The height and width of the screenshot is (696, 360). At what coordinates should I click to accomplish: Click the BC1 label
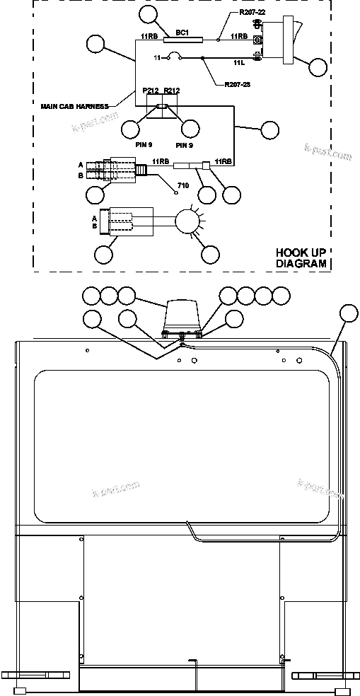(182, 32)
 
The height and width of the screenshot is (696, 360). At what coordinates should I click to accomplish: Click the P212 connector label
(150, 91)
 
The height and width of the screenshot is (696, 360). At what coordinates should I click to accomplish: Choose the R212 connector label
(172, 91)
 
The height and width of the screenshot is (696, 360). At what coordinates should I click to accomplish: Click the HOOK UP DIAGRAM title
(301, 258)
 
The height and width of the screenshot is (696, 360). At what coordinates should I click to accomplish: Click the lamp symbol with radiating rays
(188, 220)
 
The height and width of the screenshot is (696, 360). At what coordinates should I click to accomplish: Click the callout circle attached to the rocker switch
(318, 67)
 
